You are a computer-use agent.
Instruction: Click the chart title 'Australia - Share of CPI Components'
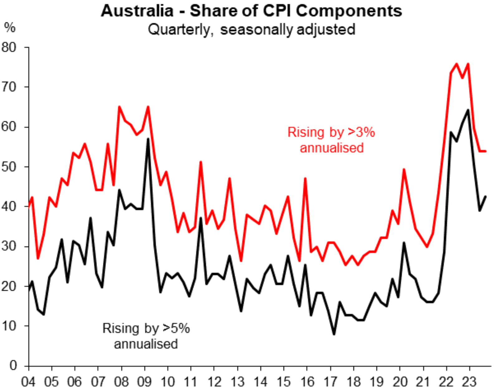pyautogui.click(x=251, y=11)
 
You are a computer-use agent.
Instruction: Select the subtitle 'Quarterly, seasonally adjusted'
pyautogui.click(x=251, y=30)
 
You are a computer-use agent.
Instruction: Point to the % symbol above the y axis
pyautogui.click(x=10, y=28)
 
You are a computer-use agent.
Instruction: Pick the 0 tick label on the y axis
pyautogui.click(x=13, y=365)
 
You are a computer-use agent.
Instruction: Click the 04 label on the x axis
pyautogui.click(x=28, y=382)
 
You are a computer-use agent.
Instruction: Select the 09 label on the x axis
pyautogui.click(x=145, y=382)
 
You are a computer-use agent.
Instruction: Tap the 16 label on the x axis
pyautogui.click(x=307, y=382)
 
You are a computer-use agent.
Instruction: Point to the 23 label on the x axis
pyautogui.click(x=470, y=382)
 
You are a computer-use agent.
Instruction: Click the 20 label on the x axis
pyautogui.click(x=400, y=382)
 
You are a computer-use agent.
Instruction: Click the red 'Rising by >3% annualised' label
pyautogui.click(x=331, y=140)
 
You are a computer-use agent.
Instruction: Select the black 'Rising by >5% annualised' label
pyautogui.click(x=146, y=336)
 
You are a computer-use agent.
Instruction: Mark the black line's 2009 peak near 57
pyautogui.click(x=148, y=138)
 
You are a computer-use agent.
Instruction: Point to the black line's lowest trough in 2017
pyautogui.click(x=334, y=334)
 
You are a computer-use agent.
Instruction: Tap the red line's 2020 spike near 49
pyautogui.click(x=404, y=169)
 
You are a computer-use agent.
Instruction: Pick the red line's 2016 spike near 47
pyautogui.click(x=305, y=178)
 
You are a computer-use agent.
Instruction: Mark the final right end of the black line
pyautogui.click(x=486, y=196)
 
